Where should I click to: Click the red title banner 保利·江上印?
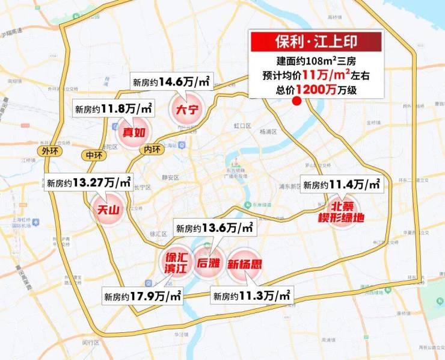point(316,43)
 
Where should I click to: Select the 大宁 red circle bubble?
point(186,109)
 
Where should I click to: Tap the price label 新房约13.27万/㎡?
point(88,182)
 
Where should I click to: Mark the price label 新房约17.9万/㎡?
point(143,296)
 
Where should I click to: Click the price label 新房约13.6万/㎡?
point(215,228)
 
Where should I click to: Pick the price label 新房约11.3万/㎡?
point(252,296)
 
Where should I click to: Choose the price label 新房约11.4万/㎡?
point(342,185)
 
